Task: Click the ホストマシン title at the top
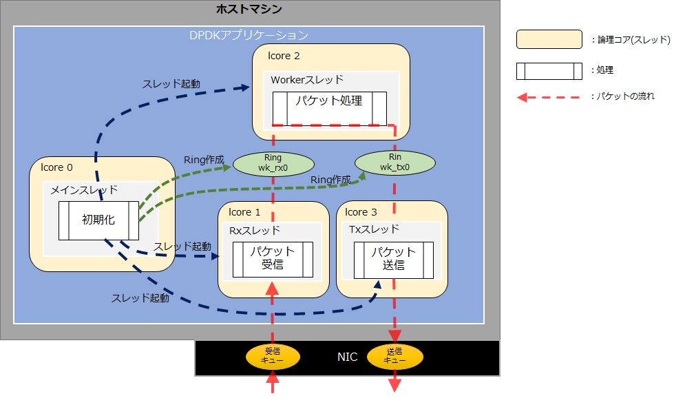(249, 10)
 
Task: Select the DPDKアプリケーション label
(249, 34)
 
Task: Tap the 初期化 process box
(98, 220)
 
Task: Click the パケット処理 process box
(329, 107)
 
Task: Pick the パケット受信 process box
(273, 259)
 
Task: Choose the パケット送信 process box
(394, 259)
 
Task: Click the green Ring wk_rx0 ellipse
(273, 163)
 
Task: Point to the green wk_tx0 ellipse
(395, 163)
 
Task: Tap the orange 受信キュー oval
(273, 355)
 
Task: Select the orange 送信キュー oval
(395, 355)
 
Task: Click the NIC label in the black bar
(347, 357)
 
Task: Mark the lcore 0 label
(56, 167)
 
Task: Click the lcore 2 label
(284, 55)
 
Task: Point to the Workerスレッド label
(307, 80)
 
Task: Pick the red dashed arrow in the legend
(549, 97)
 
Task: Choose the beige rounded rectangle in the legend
(549, 40)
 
